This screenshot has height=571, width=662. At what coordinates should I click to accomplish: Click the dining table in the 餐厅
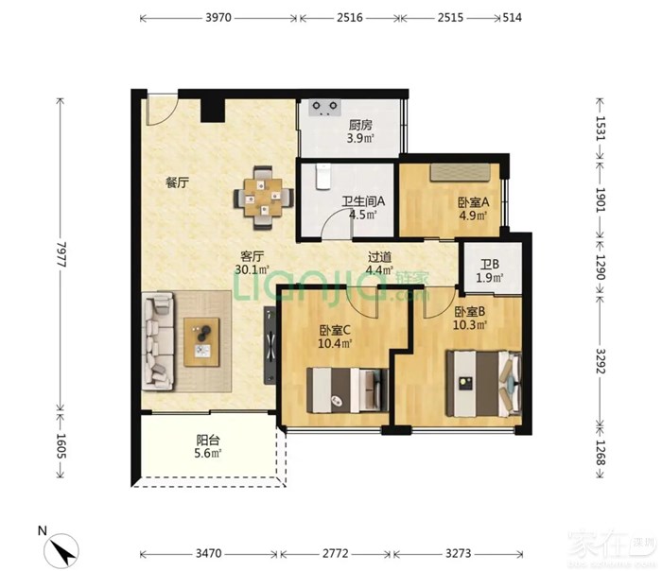point(264,198)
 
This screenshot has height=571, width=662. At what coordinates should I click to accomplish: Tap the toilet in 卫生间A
point(323,177)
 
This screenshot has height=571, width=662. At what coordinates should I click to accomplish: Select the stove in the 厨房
point(324,107)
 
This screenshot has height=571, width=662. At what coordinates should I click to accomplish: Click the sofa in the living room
point(159,341)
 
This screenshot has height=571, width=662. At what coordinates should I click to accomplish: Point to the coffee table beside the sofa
point(201,342)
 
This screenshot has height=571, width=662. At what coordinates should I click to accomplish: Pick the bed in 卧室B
point(484,383)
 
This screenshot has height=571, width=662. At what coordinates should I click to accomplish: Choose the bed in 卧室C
point(347,389)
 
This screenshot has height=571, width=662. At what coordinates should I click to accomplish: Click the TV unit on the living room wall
point(270,345)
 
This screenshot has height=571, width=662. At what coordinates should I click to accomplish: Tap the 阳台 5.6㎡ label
point(208,447)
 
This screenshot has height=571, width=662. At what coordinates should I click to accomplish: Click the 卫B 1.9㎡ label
point(490,271)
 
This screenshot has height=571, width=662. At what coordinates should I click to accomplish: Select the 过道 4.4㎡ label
point(379,264)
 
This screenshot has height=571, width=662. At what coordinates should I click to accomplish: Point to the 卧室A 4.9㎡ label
point(473,209)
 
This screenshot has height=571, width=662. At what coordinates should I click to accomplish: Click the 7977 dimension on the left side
point(61,254)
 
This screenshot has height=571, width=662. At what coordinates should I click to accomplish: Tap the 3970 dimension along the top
point(218,17)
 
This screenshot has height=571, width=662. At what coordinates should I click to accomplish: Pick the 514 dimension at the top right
point(512,17)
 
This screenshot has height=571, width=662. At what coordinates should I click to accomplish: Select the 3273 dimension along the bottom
point(458,553)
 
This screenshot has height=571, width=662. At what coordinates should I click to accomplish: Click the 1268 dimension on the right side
point(600,453)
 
